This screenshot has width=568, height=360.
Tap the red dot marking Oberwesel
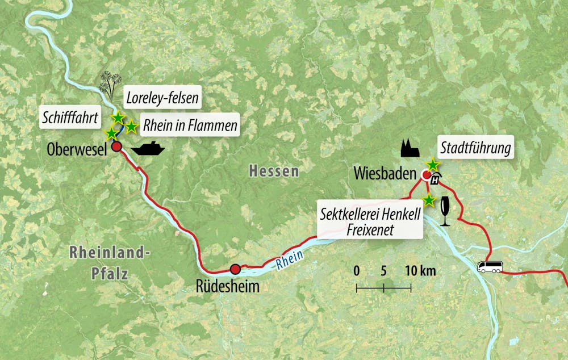(x=116, y=146)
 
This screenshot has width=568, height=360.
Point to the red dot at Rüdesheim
(x=235, y=269)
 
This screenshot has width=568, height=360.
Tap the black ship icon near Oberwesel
(x=148, y=149)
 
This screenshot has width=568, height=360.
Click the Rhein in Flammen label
(x=190, y=126)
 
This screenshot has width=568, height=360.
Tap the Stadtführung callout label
(x=475, y=149)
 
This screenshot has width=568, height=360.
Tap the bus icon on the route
(x=489, y=266)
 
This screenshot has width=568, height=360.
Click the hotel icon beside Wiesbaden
(x=436, y=180)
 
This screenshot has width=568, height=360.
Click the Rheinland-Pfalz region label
(x=109, y=263)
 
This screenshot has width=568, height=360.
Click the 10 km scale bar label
(x=420, y=271)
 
